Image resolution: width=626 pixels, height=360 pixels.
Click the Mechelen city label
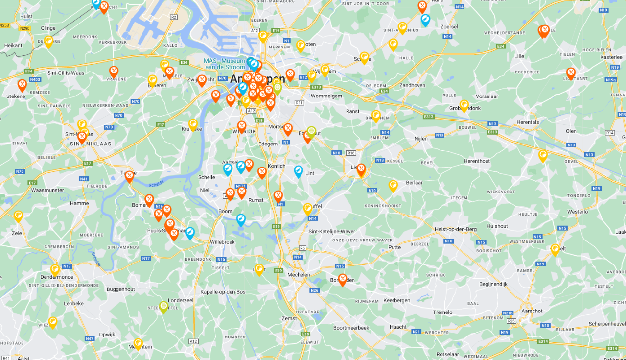pos(299,275)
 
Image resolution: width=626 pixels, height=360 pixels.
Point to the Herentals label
pos(528,122)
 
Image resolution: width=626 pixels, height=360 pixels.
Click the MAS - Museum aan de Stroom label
pos(224,64)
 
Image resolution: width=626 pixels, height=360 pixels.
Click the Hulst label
pos(26,16)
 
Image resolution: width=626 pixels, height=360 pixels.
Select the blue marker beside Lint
pos(299,171)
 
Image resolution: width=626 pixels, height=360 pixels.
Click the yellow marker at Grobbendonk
pos(464,105)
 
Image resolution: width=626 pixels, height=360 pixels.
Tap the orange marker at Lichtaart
pos(571,73)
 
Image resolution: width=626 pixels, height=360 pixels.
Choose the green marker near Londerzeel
pos(163,306)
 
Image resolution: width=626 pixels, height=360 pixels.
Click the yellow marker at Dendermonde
pos(55,269)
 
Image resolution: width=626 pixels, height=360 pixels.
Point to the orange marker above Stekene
pos(22,85)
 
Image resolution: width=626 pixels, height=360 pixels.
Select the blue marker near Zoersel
pos(425,20)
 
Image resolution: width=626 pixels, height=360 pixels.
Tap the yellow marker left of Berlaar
pos(393,185)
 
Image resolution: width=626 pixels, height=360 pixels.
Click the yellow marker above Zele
pos(18,216)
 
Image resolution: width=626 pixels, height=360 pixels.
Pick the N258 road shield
pos(5,25)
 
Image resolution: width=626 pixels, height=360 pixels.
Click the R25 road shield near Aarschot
pos(511,321)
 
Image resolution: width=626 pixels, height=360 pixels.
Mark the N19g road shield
pos(610,80)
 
